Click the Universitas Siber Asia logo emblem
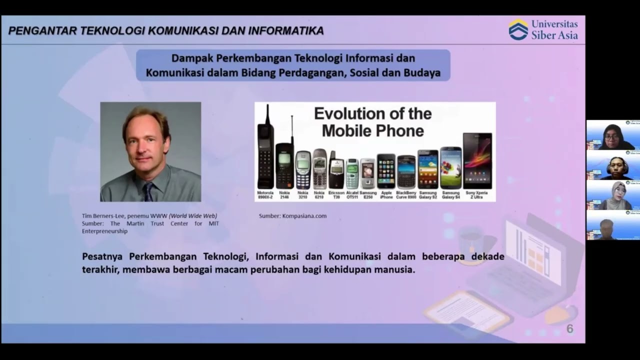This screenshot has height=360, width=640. pos(518,29)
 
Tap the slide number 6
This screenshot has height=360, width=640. pos(569,329)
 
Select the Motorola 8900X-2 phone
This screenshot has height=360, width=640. pos(265,150)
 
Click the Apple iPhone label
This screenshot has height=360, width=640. pos(386,195)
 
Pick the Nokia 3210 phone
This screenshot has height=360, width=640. pos(303,170)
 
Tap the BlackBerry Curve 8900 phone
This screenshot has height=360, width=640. pos(406,171)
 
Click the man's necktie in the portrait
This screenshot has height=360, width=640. pos(148,191)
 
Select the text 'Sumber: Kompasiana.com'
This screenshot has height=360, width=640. pos(292,216)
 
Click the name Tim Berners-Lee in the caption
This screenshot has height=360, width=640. pos(103,216)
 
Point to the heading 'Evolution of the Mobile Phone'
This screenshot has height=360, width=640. pos(372,122)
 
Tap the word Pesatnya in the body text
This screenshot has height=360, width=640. pos(102,256)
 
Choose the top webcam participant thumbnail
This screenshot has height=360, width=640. pos(613,135)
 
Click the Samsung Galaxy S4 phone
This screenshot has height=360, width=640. pos(450,168)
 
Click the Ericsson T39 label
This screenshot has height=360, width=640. pos(336,195)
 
